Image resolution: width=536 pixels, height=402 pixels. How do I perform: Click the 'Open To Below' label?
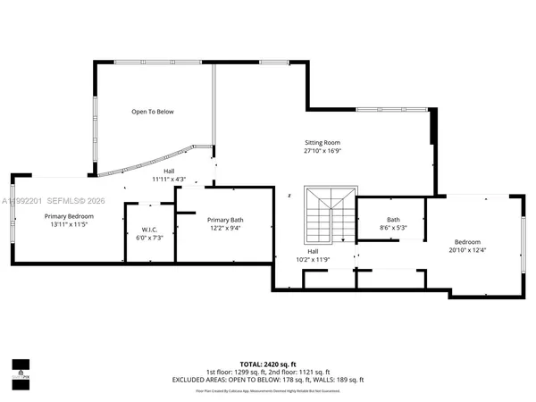point(153,112)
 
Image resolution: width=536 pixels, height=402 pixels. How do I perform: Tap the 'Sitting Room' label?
point(322,142)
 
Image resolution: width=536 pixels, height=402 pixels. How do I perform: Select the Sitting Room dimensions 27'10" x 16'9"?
point(322,151)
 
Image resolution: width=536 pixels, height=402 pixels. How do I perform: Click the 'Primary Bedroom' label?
point(69,216)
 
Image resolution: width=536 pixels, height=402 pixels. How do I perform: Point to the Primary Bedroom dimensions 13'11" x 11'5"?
point(69,225)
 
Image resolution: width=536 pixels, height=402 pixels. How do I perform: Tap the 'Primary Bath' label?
point(224,220)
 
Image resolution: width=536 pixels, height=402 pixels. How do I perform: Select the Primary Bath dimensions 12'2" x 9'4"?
point(224,229)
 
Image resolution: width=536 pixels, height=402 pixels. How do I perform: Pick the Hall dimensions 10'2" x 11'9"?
point(314,260)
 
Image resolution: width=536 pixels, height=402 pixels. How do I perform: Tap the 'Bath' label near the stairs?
point(393,220)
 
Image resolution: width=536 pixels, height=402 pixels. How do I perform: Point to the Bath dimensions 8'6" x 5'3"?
point(393,229)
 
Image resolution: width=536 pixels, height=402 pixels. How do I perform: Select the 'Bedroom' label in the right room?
point(467,242)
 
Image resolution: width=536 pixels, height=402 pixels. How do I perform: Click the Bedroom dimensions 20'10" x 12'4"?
point(467,251)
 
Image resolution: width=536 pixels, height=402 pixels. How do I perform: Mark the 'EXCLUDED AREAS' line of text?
point(268,379)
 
